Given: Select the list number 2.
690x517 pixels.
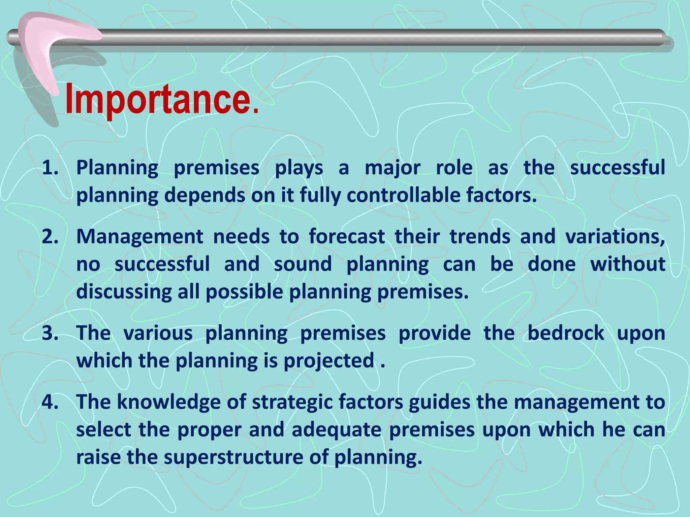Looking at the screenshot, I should [x=50, y=237].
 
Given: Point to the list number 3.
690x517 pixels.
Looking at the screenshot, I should [x=50, y=333].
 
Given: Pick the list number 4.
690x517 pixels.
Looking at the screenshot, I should [x=50, y=402].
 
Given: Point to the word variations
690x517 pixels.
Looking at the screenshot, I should [x=615, y=237].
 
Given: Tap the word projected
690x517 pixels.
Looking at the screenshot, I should [x=329, y=361].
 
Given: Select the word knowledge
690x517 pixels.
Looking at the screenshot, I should [x=168, y=403].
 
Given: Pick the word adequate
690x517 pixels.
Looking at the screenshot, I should [x=336, y=430].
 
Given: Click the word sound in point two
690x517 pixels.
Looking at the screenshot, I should [x=303, y=264].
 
